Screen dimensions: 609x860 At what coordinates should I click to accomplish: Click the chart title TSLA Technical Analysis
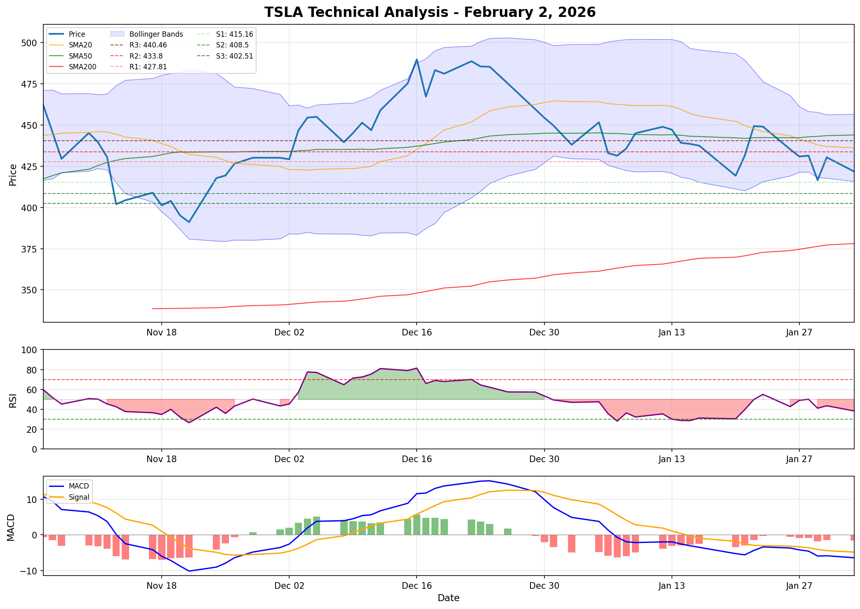click(x=430, y=12)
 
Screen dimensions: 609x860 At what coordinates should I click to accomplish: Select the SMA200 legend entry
click(x=82, y=67)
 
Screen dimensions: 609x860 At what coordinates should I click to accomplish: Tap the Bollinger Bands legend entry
click(x=156, y=34)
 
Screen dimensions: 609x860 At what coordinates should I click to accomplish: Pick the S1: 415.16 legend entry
click(x=234, y=34)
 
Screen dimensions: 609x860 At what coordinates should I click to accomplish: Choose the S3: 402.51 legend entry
click(x=234, y=56)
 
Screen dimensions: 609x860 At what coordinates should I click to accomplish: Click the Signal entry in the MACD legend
click(x=79, y=497)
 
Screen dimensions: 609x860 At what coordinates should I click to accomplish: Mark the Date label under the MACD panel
click(x=448, y=598)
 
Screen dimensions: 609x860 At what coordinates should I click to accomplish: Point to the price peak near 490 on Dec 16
click(x=417, y=59)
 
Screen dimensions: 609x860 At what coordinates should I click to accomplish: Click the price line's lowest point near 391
click(x=189, y=222)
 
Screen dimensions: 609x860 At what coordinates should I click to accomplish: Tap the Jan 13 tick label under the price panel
click(x=672, y=333)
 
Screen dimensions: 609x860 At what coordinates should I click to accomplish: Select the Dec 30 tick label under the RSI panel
click(x=544, y=459)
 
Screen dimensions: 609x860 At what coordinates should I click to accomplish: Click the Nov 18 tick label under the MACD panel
click(x=161, y=585)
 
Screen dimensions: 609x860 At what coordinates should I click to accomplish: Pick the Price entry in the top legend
click(x=77, y=34)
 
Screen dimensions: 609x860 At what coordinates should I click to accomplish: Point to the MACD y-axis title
click(x=12, y=527)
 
